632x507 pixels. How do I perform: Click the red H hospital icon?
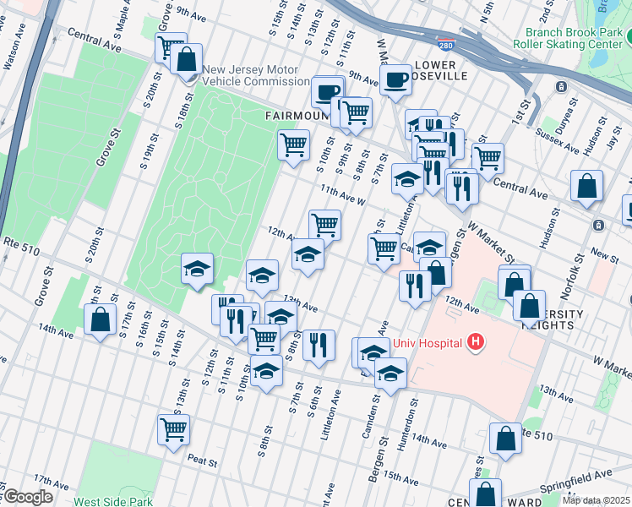pos(476,342)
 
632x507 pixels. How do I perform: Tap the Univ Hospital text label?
pos(428,343)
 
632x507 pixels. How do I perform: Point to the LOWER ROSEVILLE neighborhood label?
pos(435,70)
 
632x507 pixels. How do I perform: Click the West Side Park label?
pos(113,501)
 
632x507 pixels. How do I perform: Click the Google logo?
pos(27,497)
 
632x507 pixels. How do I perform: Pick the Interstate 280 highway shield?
pos(444,43)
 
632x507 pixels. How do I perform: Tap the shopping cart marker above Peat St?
pos(173,428)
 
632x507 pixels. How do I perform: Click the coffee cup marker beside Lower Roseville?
pos(395,80)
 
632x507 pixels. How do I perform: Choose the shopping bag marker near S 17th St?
pos(100,319)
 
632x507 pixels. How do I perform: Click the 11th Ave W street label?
pos(341,196)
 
